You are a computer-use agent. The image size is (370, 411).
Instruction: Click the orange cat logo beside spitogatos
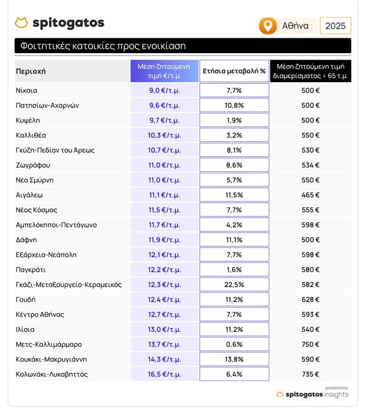point(21,22)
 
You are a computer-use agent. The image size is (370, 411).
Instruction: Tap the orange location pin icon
point(268,26)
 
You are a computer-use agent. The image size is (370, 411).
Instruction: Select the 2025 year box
point(336,26)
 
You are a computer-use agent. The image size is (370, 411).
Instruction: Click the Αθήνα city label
point(295,26)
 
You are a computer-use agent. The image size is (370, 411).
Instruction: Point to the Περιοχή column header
point(31,71)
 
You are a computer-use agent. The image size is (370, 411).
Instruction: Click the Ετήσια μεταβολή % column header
point(234,71)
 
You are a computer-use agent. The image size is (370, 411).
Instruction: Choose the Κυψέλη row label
point(28,121)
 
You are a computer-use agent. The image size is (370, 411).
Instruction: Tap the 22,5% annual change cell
point(234,285)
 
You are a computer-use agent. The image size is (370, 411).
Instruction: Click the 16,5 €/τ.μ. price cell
point(164,375)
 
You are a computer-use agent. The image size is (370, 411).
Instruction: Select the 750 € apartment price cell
point(311,345)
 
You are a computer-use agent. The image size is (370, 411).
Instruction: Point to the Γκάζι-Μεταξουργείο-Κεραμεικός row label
point(69,285)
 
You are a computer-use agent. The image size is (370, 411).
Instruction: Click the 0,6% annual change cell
point(234,345)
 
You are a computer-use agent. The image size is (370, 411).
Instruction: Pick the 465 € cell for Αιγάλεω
point(311,195)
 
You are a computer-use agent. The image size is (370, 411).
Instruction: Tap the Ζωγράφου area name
point(33,165)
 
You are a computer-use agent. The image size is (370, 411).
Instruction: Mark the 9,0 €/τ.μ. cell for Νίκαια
point(164,91)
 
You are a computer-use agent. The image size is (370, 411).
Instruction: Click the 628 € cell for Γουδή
point(311,300)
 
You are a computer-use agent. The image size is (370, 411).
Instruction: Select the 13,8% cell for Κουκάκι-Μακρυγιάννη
point(234,359)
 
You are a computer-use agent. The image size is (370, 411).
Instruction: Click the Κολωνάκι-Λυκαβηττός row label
point(52,375)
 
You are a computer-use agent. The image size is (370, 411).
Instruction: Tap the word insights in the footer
point(337,394)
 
